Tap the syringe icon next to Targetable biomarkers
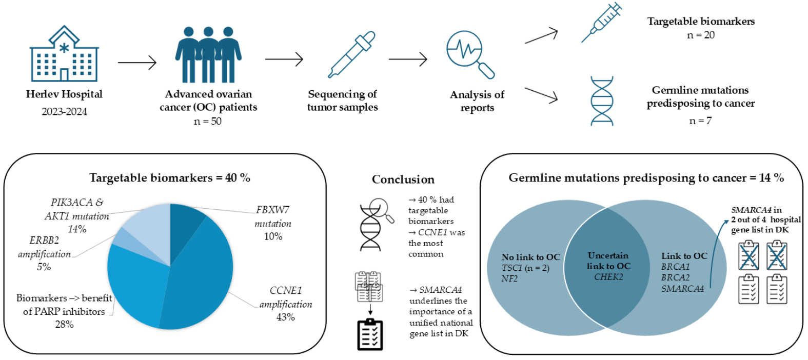tap(601, 23)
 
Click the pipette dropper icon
tap(352, 54)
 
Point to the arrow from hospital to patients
tap(136, 63)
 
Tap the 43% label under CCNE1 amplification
tap(285, 317)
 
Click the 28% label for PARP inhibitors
tap(65, 324)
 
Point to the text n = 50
tap(208, 121)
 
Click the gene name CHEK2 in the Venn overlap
tap(608, 277)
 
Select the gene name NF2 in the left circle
tap(509, 278)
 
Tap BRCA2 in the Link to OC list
tap(675, 277)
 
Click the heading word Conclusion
tap(403, 179)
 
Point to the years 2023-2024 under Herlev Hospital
tap(64, 111)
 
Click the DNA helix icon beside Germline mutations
tap(602, 101)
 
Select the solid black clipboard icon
tap(370, 334)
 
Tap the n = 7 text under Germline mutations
tap(700, 121)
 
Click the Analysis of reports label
tap(477, 101)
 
